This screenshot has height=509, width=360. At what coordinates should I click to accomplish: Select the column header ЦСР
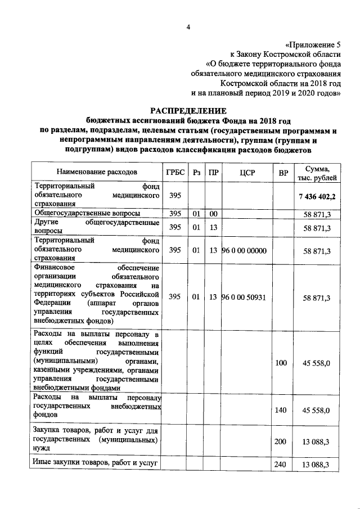coord(247,172)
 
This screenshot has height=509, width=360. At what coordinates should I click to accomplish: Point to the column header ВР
coord(281,172)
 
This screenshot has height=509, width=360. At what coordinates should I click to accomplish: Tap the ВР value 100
coord(281,364)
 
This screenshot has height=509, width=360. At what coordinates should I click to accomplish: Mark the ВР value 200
coord(281,442)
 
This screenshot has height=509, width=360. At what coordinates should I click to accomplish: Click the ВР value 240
coord(281,465)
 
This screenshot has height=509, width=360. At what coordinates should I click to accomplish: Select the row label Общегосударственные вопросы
coord(87,214)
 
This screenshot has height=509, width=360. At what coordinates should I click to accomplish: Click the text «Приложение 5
coord(313,44)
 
